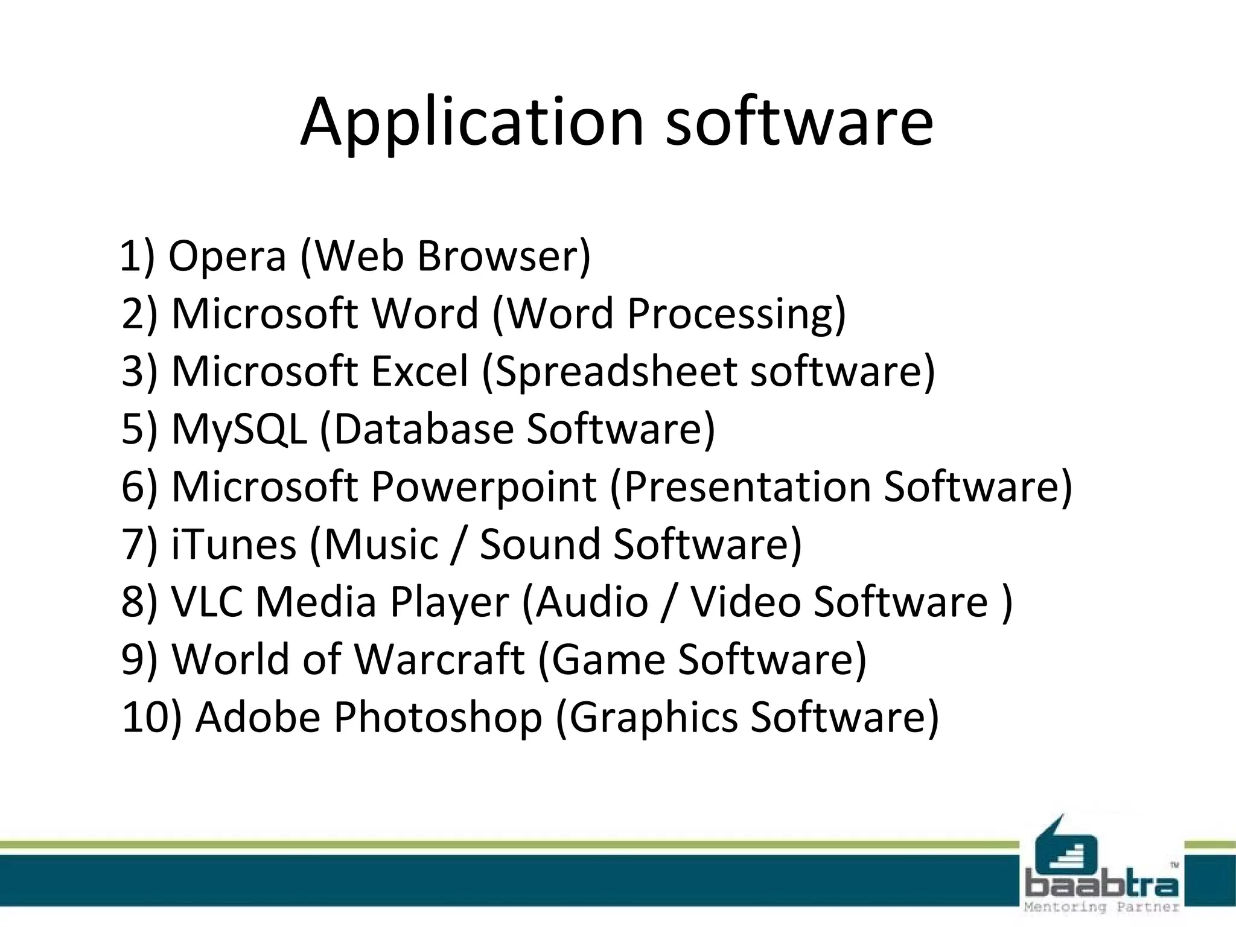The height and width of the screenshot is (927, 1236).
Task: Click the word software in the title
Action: pos(799,123)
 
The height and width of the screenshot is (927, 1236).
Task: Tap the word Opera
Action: pos(226,256)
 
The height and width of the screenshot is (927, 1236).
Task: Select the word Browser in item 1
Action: pos(503,256)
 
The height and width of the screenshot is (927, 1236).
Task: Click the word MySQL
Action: pos(239,428)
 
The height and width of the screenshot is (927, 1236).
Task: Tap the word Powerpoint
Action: pos(483,486)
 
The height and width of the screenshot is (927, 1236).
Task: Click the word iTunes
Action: pos(234,544)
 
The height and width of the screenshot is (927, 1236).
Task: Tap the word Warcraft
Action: pos(439,659)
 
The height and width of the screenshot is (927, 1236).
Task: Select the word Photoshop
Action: pos(438,717)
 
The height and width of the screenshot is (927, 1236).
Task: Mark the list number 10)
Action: pos(151,717)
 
